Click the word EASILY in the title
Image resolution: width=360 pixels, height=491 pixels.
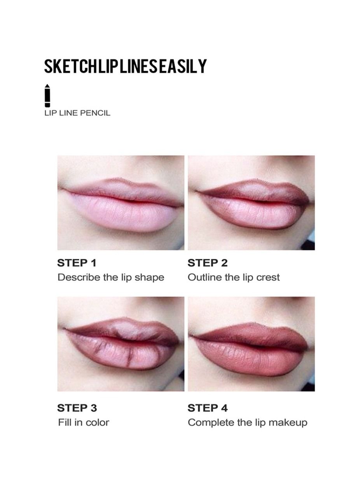click(x=183, y=66)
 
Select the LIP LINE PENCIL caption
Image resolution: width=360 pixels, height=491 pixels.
click(x=77, y=113)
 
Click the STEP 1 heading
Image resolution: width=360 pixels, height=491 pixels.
click(x=77, y=263)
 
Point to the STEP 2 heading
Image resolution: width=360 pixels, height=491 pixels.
click(x=208, y=263)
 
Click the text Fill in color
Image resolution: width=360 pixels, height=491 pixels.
click(x=84, y=423)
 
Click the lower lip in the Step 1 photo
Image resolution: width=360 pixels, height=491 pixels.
click(x=123, y=213)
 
